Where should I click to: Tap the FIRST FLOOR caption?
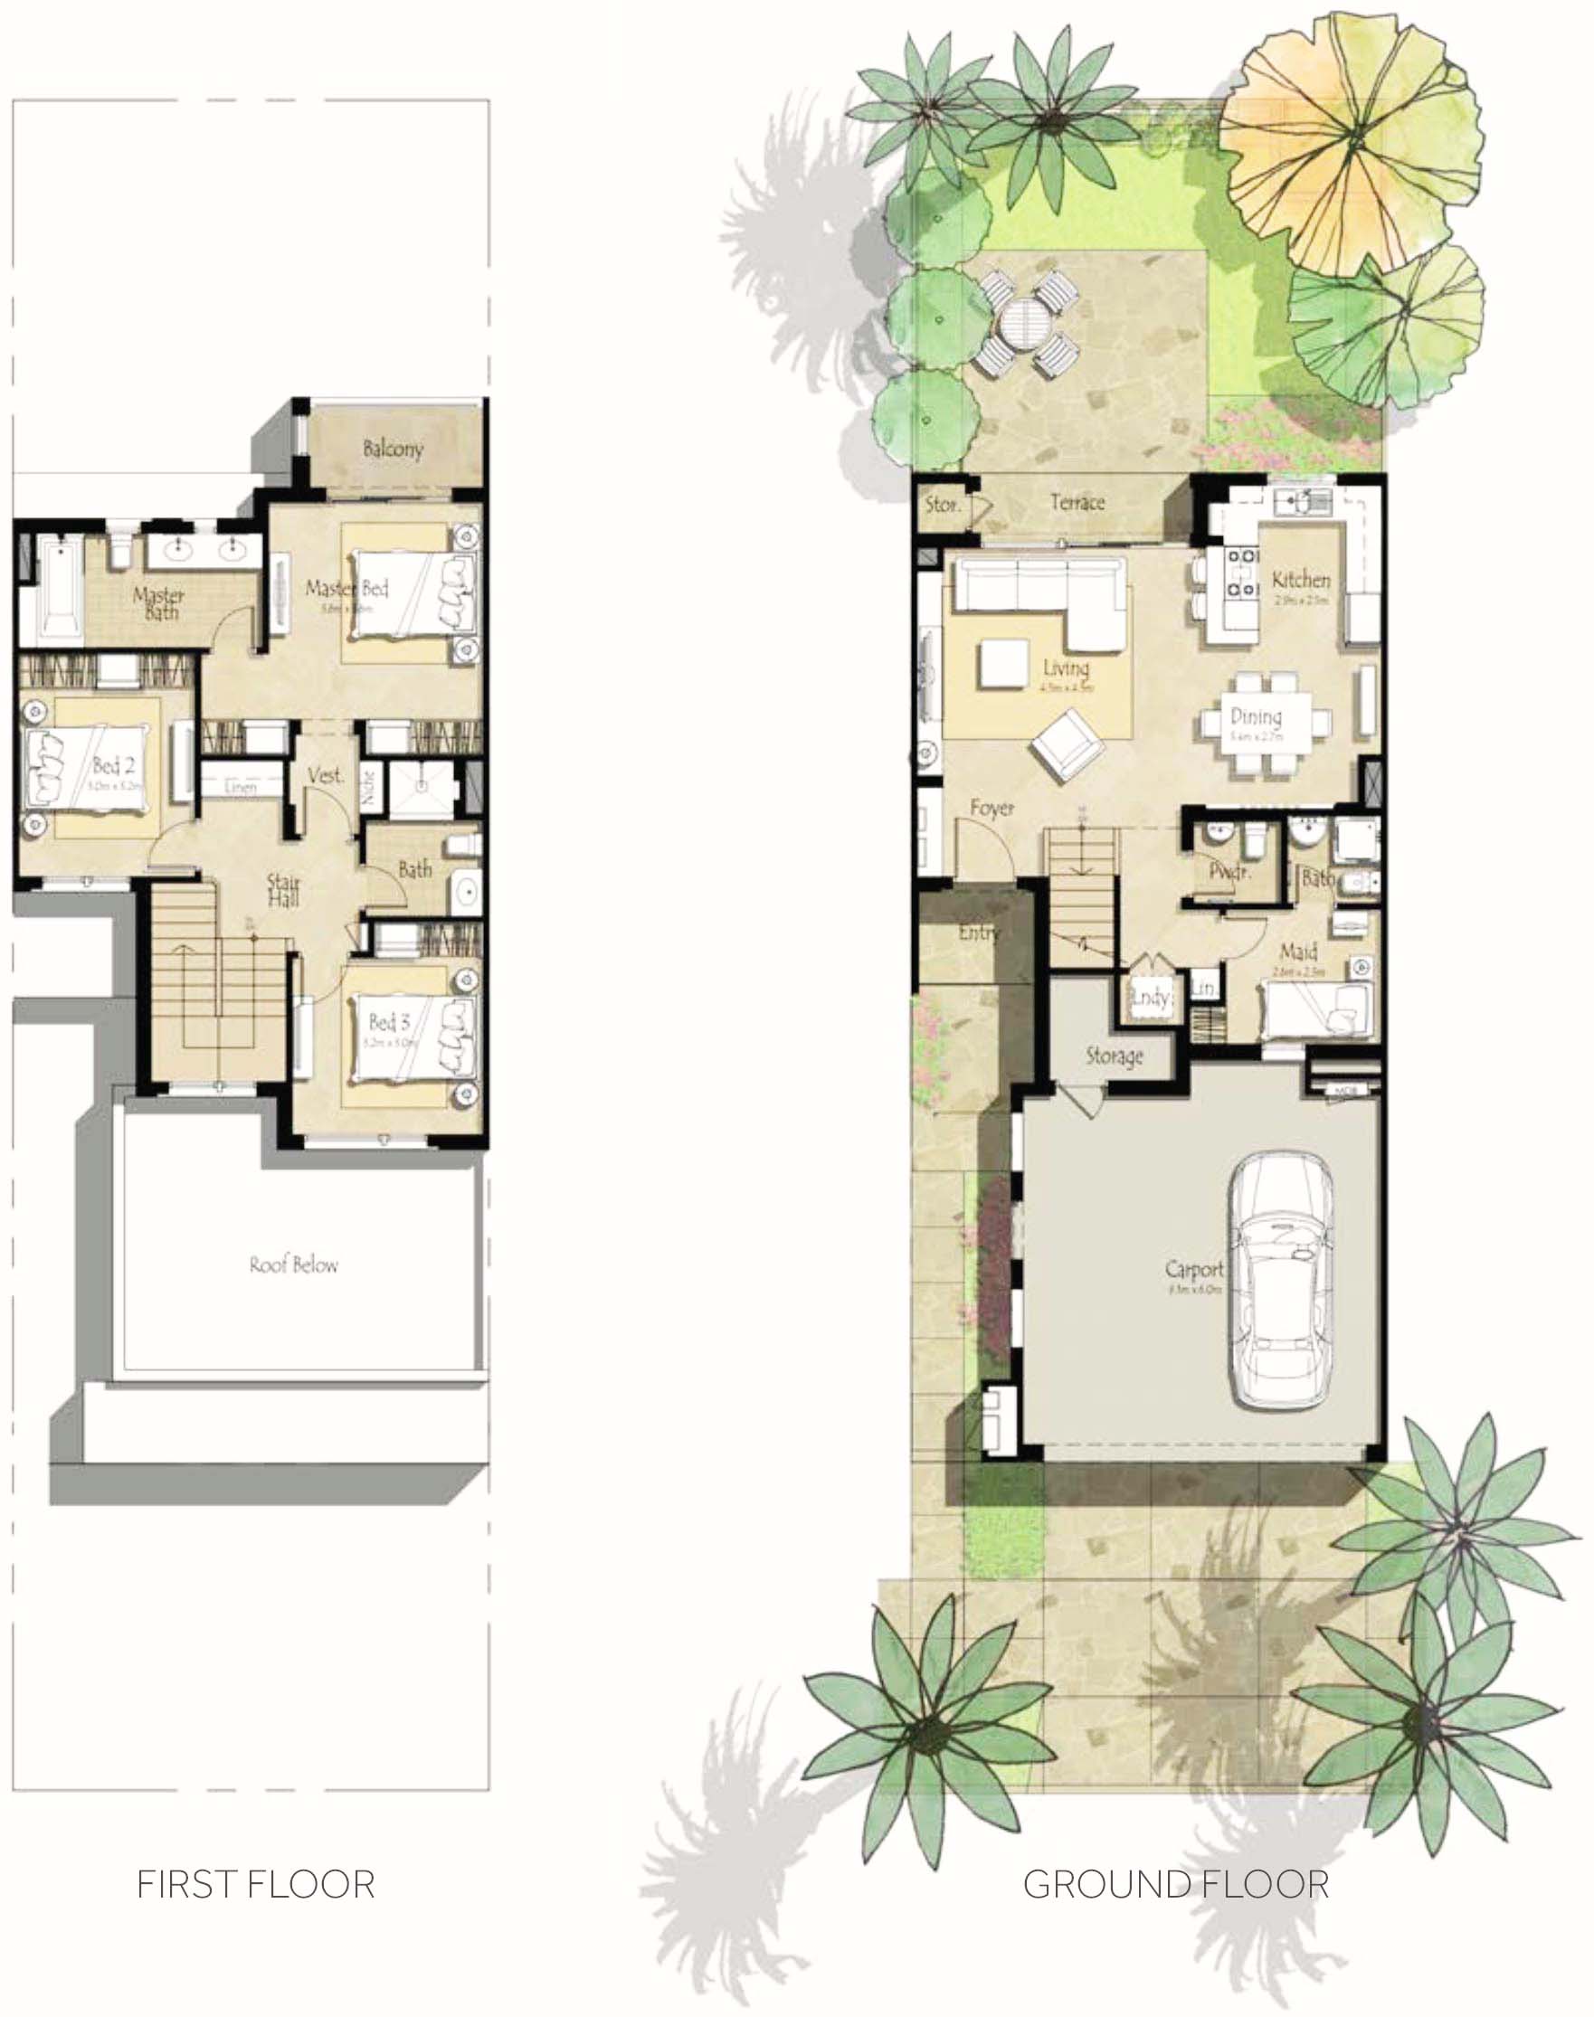pos(256,1884)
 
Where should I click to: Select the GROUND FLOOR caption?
pos(1176,1884)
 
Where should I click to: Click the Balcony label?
pos(393,449)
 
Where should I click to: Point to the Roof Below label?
pos(293,1265)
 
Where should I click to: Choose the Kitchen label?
pos(1301,581)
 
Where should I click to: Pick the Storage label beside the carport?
pos(1115,1056)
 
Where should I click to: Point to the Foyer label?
pos(992,808)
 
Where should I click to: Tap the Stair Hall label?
pos(284,890)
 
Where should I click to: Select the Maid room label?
pos(1298,952)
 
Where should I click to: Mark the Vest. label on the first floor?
pos(326,775)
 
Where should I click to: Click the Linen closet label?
pos(241,788)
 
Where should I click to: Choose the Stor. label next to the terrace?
pos(943,505)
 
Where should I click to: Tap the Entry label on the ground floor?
pos(978,932)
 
